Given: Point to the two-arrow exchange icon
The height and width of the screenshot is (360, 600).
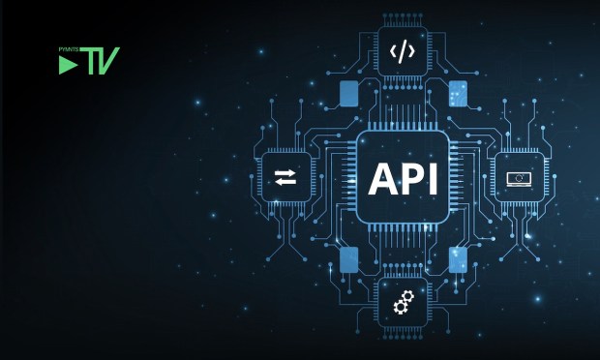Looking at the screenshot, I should point(285,177).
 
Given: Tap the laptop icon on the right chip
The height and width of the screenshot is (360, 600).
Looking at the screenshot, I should point(519,178).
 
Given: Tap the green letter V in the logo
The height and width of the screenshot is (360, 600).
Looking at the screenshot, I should point(108,61).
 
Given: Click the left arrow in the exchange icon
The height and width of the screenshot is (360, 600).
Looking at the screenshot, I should point(285,181).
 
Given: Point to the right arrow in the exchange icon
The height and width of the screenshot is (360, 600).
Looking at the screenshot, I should point(285,172).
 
